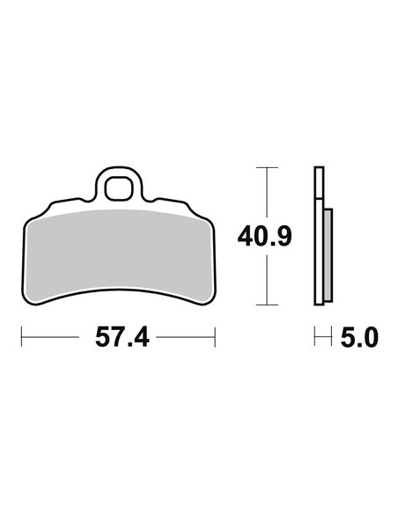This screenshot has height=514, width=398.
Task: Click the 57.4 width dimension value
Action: pyautogui.click(x=122, y=337)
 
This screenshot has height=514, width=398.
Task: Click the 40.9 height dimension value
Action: pyautogui.click(x=264, y=237)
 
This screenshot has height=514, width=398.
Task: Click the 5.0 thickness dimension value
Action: pyautogui.click(x=359, y=337)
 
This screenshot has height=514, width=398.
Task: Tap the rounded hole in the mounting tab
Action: pyautogui.click(x=119, y=188)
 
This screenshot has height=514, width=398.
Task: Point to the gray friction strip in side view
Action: pyautogui.click(x=328, y=254)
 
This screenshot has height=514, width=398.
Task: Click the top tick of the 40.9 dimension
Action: pyautogui.click(x=267, y=167)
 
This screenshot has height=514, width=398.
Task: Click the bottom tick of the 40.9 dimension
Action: pyautogui.click(x=267, y=305)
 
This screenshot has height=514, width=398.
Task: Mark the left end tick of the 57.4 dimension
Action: pyautogui.click(x=22, y=337)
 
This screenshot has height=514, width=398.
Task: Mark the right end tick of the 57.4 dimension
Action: pyautogui.click(x=215, y=337)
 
